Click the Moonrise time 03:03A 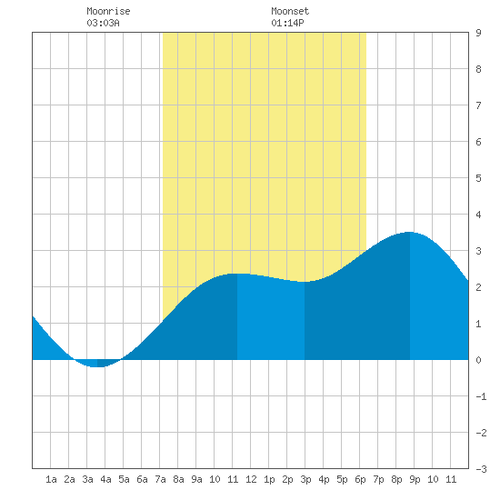point(103,23)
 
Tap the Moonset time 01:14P point(287,23)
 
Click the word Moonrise point(108,11)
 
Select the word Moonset point(290,11)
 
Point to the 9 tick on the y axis point(478,33)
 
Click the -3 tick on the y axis point(481,469)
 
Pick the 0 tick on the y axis point(478,360)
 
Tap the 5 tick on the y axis point(478,178)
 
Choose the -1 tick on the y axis point(481,396)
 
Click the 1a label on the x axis point(51,479)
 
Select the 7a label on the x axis point(160,479)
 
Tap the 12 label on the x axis point(251,479)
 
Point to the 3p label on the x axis point(305,479)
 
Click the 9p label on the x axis point(415,479)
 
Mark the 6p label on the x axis point(360,479)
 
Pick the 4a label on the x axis point(105,479)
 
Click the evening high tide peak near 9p point(410,232)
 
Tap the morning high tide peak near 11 point(237,274)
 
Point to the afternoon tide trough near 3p point(305,282)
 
